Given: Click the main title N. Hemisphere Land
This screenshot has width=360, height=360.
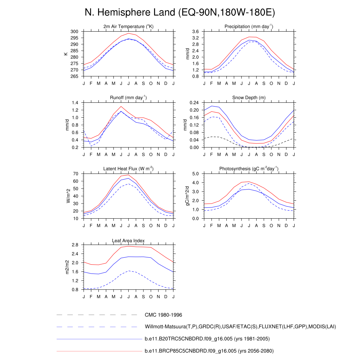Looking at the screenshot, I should click(180, 13).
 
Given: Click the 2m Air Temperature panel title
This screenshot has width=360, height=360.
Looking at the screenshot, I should click(128, 27).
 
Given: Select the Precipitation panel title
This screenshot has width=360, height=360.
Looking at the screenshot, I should click(249, 27).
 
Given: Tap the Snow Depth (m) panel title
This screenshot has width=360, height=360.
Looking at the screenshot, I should click(249, 97).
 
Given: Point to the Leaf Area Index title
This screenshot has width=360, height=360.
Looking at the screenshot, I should click(128, 241).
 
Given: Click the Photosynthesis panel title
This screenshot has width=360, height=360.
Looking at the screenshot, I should click(249, 169).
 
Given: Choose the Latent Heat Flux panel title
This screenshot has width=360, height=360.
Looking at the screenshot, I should click(128, 169).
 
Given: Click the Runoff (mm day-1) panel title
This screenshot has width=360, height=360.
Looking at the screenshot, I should click(128, 97).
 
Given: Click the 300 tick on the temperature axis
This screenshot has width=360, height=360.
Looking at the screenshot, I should click(74, 32).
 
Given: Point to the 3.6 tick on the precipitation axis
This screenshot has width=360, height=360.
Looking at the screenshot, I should click(195, 32).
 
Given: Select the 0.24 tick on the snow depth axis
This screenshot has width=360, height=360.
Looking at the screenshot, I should click(194, 103).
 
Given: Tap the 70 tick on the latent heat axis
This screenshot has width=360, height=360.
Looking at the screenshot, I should click(75, 174).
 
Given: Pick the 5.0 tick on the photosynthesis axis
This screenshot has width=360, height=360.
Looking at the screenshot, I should click(195, 174).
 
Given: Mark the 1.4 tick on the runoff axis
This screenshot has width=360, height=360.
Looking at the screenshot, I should click(75, 103).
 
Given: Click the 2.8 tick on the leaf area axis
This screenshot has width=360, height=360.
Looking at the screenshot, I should click(75, 245).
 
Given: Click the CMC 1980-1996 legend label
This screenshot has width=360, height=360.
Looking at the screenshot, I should click(163, 315).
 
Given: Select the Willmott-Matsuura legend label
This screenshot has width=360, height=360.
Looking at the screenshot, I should click(240, 327).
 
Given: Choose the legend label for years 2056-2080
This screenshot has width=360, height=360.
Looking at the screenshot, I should click(209, 351).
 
